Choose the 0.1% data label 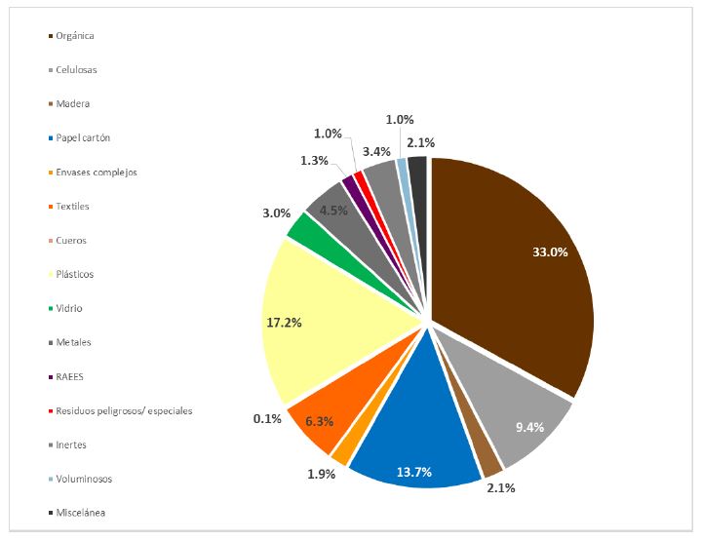pyautogui.click(x=267, y=419)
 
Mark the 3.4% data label pyautogui.click(x=375, y=151)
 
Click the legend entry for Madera pyautogui.click(x=73, y=103)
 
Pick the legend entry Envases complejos pyautogui.click(x=96, y=172)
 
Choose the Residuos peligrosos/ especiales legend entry pyautogui.click(x=123, y=410)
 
